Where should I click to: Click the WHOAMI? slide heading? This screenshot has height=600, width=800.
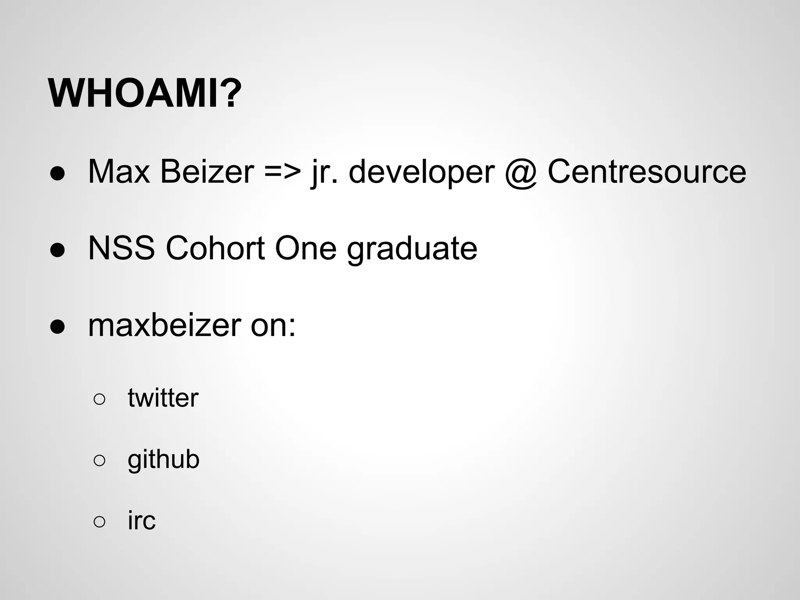tap(145, 94)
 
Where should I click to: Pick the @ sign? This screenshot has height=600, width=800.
tap(521, 173)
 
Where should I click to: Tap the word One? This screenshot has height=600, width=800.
tap(305, 248)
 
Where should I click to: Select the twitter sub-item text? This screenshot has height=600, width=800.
tap(163, 398)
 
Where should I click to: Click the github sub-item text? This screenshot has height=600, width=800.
tap(163, 460)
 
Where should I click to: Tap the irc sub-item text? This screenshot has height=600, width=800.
tap(141, 520)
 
